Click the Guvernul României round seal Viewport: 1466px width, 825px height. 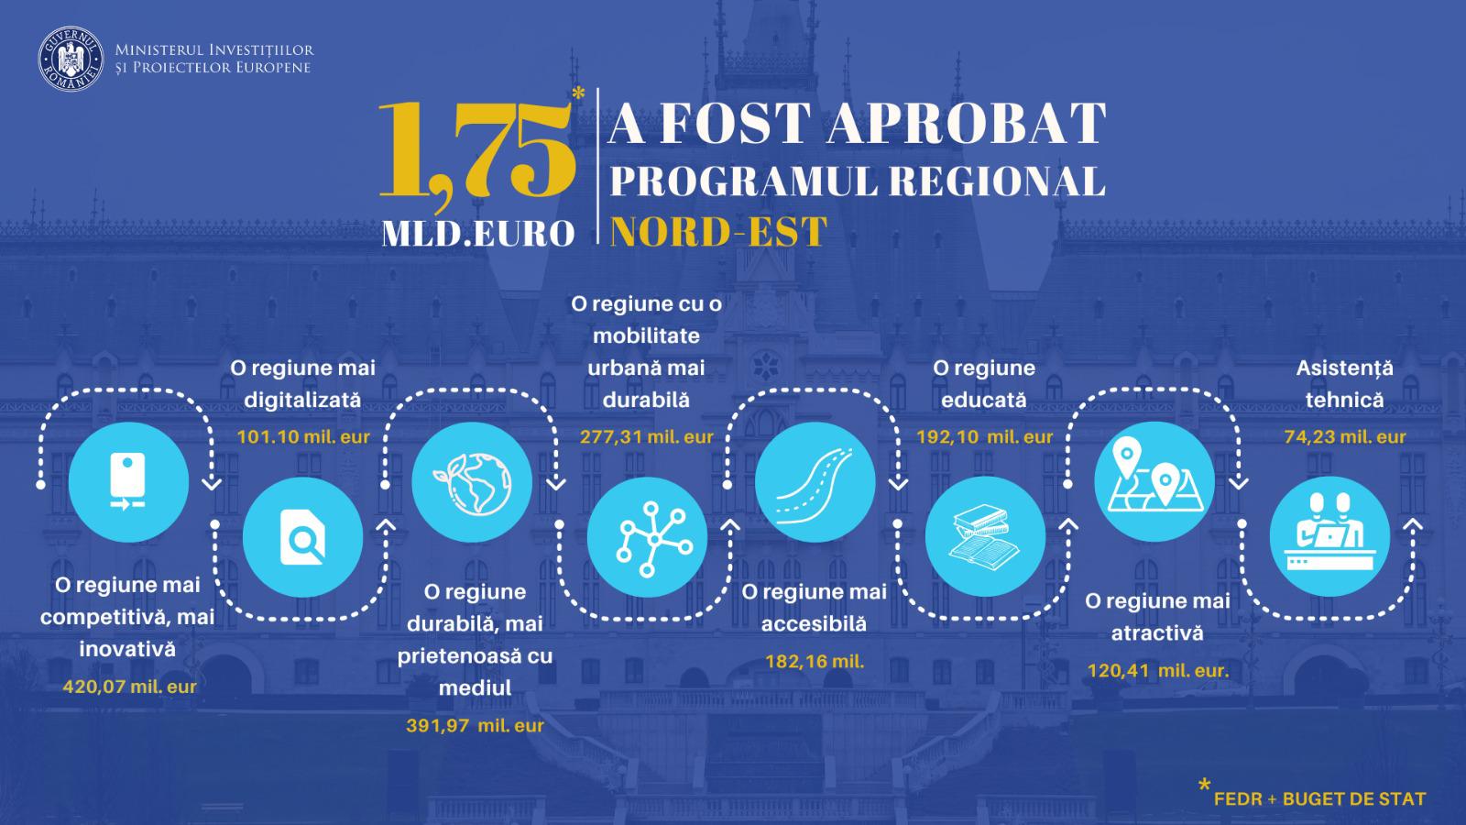click(71, 59)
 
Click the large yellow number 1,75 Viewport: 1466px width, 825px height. click(476, 149)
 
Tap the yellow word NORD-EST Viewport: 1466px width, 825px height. click(718, 231)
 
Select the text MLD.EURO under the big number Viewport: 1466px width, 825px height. click(478, 234)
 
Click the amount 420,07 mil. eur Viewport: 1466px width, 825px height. click(129, 687)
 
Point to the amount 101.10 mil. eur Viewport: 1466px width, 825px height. click(303, 436)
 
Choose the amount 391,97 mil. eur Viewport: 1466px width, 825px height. click(475, 725)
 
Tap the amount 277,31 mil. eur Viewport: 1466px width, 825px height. click(647, 436)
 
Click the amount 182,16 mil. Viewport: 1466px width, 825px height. click(815, 661)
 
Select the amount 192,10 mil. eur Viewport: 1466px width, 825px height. click(984, 436)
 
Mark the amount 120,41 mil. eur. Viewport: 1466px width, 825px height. click(1158, 671)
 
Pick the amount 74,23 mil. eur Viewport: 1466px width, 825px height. click(1345, 436)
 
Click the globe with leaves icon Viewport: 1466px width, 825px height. click(472, 482)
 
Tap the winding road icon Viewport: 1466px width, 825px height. click(815, 482)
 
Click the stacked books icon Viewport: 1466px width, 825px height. click(985, 536)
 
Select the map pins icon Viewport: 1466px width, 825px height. click(1154, 481)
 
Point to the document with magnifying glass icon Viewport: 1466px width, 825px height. click(302, 537)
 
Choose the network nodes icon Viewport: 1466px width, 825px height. click(647, 537)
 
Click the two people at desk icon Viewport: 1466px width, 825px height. click(1329, 536)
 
